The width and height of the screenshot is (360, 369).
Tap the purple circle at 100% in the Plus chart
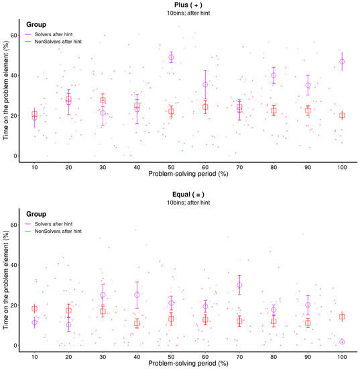click(342, 61)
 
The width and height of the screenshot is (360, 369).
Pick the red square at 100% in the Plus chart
click(342, 115)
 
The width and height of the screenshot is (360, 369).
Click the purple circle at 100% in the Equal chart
click(342, 341)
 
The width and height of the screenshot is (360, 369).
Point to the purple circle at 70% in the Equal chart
click(239, 285)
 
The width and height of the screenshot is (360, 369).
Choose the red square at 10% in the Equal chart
click(34, 309)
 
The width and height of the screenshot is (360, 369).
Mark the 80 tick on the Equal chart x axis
click(274, 356)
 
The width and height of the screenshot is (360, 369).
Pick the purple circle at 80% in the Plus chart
click(274, 76)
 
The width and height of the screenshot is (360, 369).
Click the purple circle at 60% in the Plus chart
click(205, 85)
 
